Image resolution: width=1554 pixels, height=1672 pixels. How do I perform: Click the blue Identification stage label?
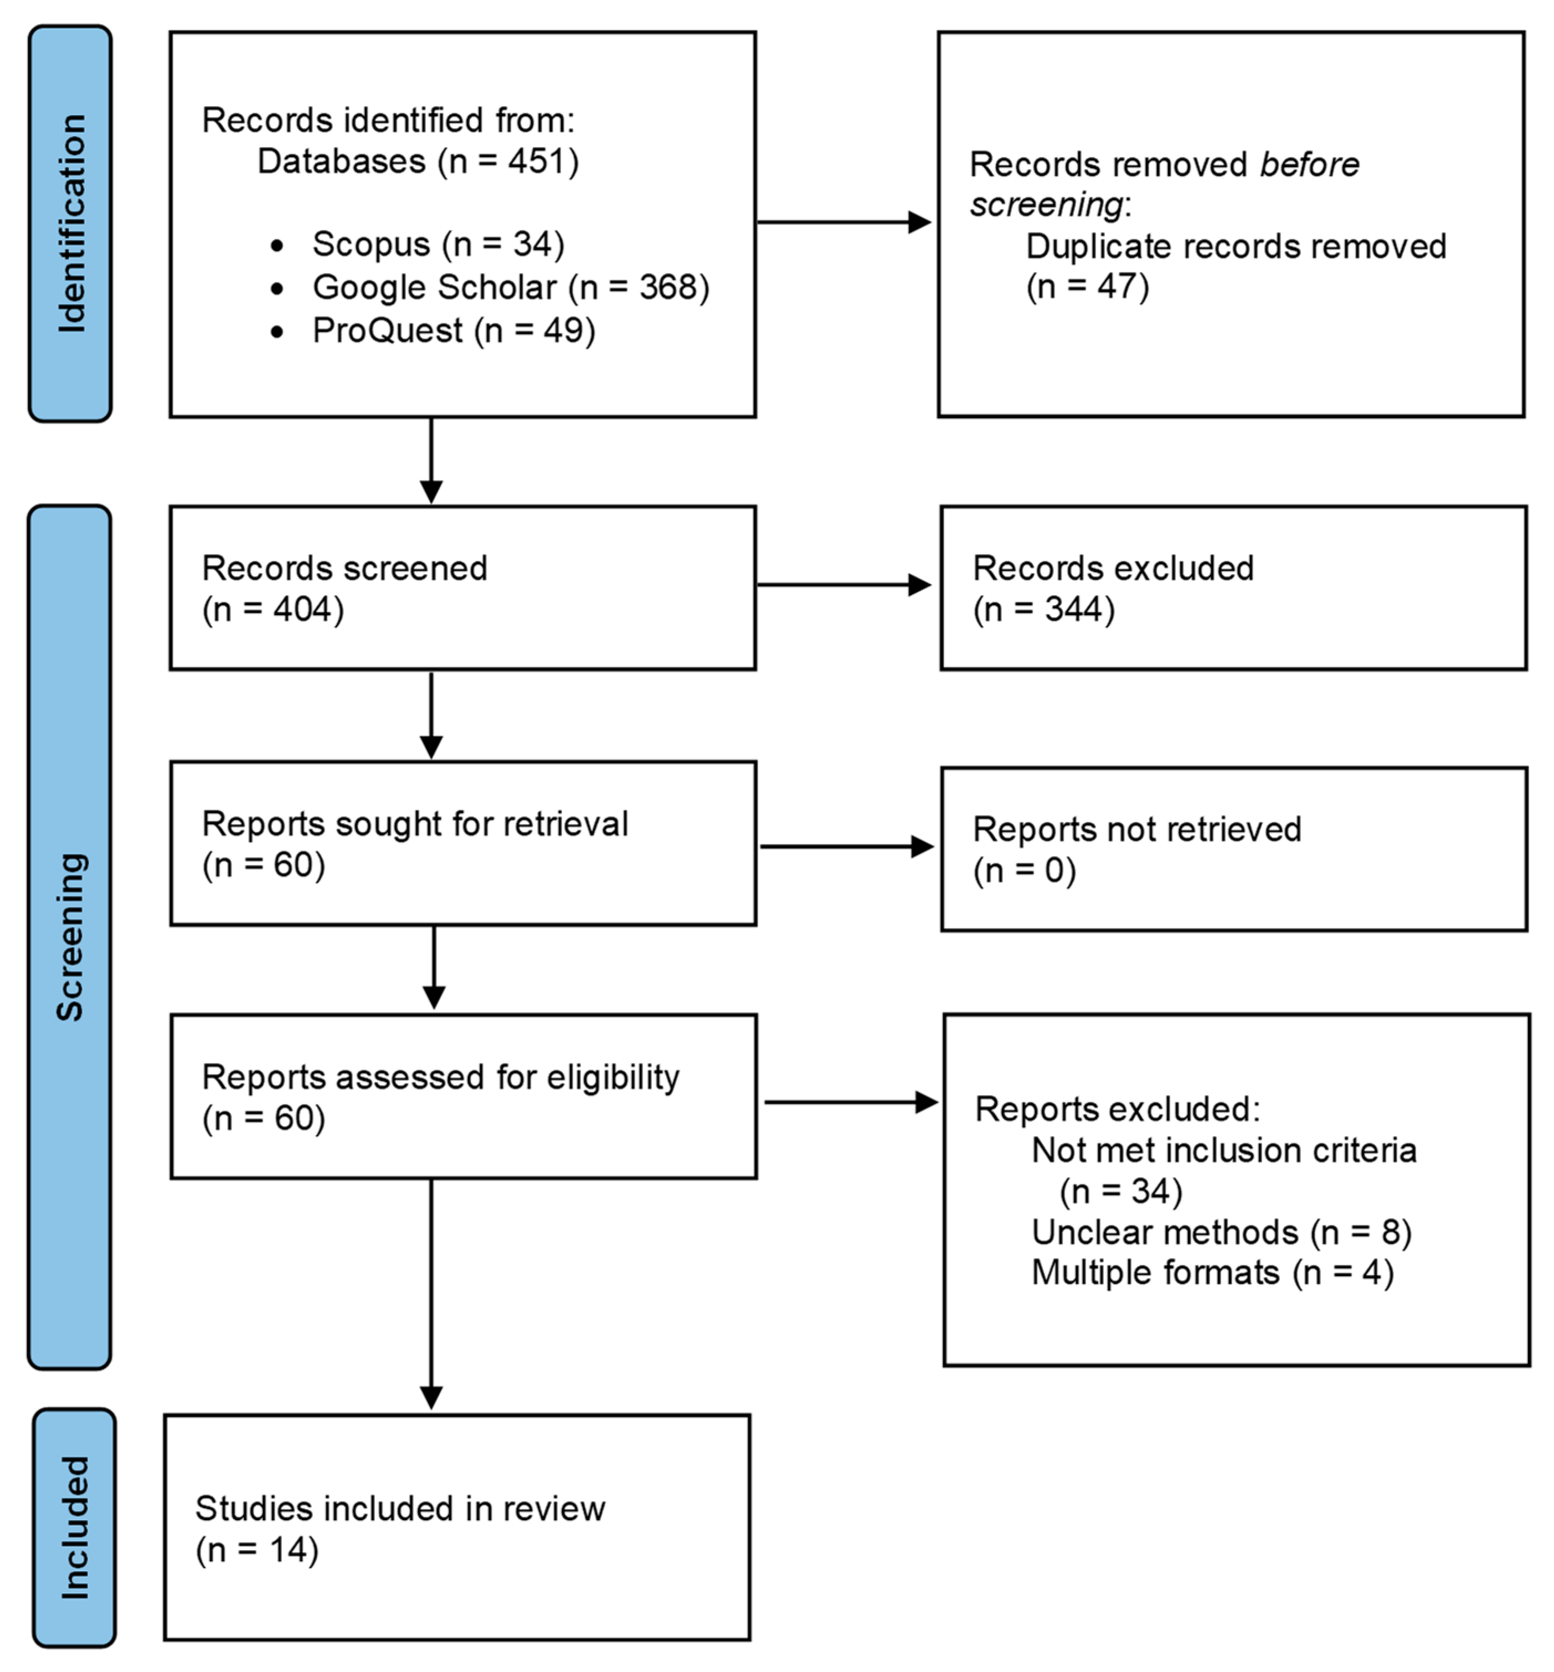pyautogui.click(x=71, y=224)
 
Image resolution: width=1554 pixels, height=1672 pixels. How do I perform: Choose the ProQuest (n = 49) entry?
pyautogui.click(x=453, y=331)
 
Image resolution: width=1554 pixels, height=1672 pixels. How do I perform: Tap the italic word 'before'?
pyautogui.click(x=1309, y=165)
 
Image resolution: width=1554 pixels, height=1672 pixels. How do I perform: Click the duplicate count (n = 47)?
pyautogui.click(x=1087, y=287)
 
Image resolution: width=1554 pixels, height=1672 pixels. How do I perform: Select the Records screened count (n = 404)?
pyautogui.click(x=273, y=610)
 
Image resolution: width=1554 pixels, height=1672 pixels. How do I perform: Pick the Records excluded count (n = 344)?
pyautogui.click(x=1043, y=610)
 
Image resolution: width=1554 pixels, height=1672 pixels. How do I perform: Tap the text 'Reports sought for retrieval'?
pyautogui.click(x=415, y=824)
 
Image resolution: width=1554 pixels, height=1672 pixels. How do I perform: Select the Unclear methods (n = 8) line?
pyautogui.click(x=1221, y=1232)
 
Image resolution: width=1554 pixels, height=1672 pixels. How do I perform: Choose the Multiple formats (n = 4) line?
pyautogui.click(x=1212, y=1273)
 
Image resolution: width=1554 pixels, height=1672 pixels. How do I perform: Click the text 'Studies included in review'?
pyautogui.click(x=400, y=1509)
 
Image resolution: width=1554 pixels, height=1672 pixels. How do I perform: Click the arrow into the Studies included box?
pyautogui.click(x=431, y=1312)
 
